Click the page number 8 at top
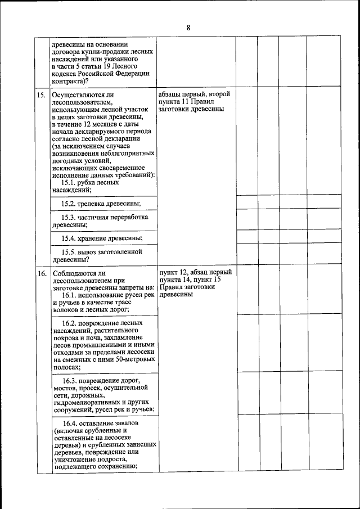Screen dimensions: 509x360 pos(188,28)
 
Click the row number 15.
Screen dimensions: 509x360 pos(42,95)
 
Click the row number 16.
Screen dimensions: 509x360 pos(42,273)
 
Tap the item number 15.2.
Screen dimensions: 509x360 pos(68,203)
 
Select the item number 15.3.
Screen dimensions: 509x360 pos(68,217)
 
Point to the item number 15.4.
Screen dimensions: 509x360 pos(68,238)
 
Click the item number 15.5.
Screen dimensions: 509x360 pos(68,252)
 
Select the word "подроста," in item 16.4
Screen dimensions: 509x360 pos(116,458)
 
